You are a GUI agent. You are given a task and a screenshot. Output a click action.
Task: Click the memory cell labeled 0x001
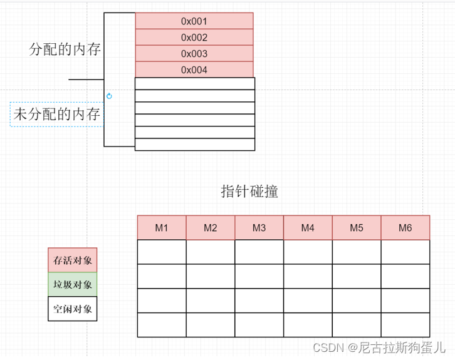pos(194,21)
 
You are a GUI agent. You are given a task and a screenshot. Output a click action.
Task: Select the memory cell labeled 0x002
pos(194,38)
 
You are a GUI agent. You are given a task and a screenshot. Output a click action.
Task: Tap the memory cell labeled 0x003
pos(194,54)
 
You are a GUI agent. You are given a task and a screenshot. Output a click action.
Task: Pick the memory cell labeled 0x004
pos(194,70)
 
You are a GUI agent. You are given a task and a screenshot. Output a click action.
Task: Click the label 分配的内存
pos(65,49)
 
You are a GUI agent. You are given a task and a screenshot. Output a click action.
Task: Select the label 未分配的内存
pos(57,115)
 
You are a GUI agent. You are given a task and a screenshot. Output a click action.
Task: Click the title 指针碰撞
pos(249,192)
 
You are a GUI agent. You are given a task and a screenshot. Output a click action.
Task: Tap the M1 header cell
pos(162,228)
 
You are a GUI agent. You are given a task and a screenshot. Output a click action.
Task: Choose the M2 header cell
pos(211,228)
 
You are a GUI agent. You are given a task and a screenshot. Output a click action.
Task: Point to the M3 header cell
pos(259,228)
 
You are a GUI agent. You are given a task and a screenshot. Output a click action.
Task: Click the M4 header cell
pos(308,228)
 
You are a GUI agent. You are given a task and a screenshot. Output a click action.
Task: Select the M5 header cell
pos(357,228)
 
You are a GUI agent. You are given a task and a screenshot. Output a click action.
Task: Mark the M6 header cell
pos(405,228)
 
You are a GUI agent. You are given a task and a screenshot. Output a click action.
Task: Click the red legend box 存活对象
pos(73,260)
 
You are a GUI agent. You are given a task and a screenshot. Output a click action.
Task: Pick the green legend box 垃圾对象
pos(73,284)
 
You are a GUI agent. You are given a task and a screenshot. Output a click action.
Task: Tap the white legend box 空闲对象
pos(73,309)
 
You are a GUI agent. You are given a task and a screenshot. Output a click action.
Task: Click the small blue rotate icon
pos(109,96)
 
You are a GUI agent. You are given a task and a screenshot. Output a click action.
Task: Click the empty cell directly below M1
pos(162,252)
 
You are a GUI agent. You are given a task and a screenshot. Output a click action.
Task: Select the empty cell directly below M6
pos(405,252)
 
